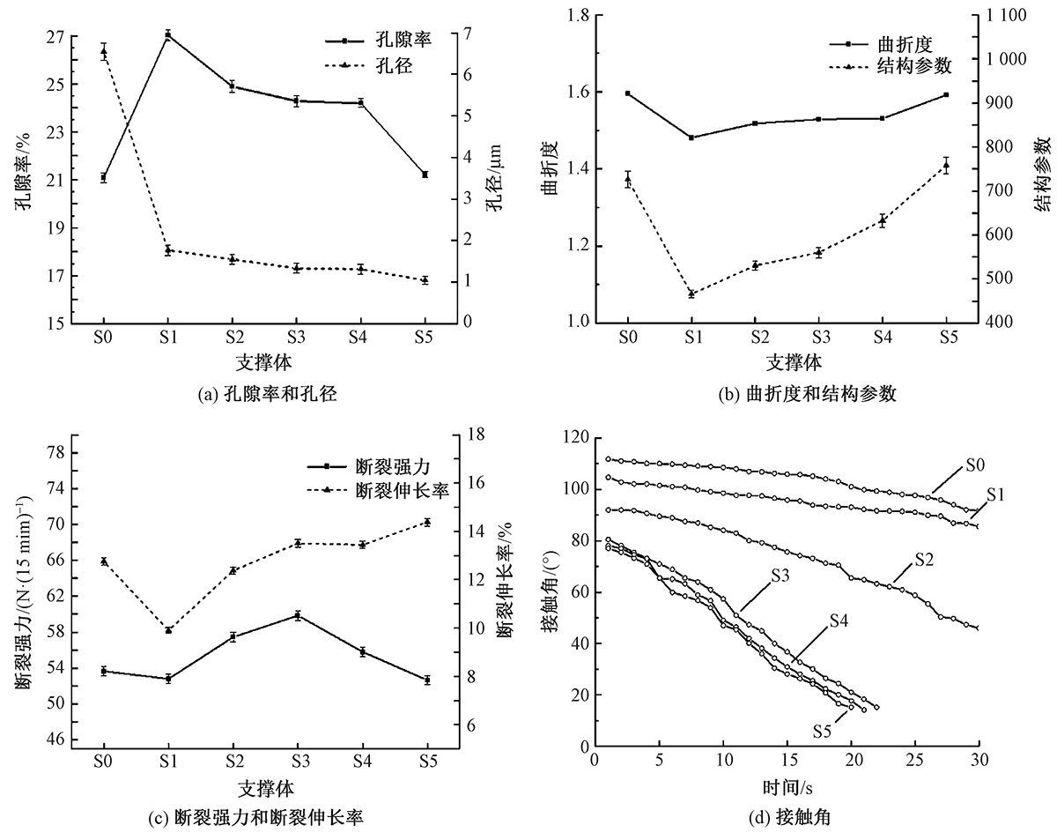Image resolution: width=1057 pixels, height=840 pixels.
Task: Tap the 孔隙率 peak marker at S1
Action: point(167,35)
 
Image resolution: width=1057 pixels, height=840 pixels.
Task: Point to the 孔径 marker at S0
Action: point(103,51)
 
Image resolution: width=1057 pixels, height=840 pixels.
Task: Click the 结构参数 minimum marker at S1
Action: point(691,294)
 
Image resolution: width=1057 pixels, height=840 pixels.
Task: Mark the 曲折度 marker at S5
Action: point(946,94)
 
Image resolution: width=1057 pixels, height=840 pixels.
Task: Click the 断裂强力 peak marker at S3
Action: point(298,615)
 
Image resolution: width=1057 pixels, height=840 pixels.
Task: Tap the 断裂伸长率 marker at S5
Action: point(426,522)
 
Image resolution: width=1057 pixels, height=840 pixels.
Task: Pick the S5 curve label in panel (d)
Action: point(824,731)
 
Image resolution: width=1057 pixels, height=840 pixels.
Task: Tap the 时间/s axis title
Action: point(787,784)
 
